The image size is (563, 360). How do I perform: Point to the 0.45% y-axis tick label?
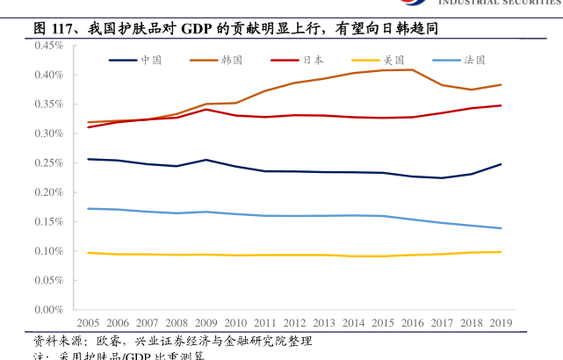pyautogui.click(x=48, y=46)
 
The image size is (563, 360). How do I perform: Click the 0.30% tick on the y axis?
pyautogui.click(x=48, y=133)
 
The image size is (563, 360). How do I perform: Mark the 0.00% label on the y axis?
pyautogui.click(x=48, y=310)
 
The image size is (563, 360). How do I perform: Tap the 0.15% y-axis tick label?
pyautogui.click(x=48, y=222)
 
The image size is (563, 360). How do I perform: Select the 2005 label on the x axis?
pyautogui.click(x=87, y=322)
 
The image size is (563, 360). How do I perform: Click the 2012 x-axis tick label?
pyautogui.click(x=295, y=322)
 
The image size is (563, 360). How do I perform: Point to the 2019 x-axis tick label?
pyautogui.click(x=502, y=322)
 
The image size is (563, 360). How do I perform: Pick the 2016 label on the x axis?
pyautogui.click(x=413, y=322)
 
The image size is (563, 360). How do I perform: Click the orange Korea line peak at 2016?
pyautogui.click(x=413, y=69)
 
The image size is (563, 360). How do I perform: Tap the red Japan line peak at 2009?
pyautogui.click(x=206, y=109)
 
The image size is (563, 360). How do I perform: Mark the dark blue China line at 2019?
pyautogui.click(x=502, y=164)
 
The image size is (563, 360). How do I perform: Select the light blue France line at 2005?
pyautogui.click(x=87, y=208)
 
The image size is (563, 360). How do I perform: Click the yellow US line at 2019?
pyautogui.click(x=502, y=252)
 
